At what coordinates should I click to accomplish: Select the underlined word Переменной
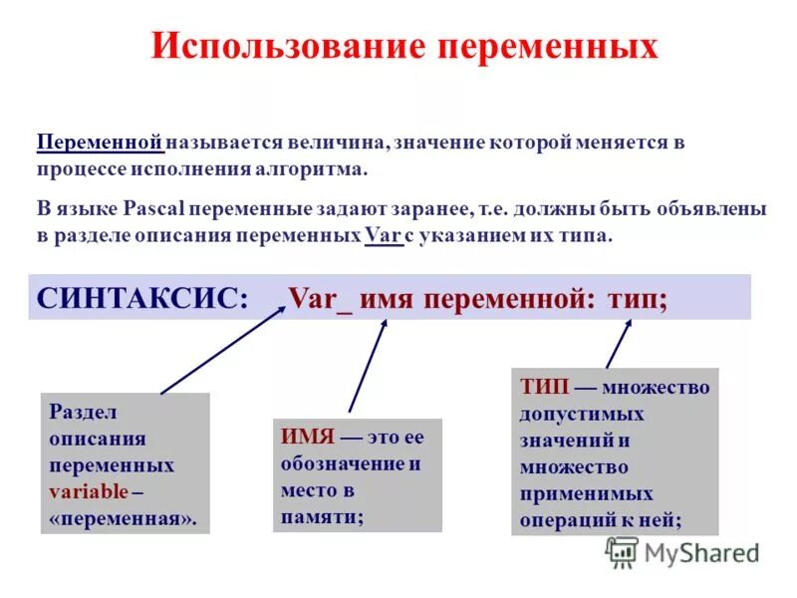100,143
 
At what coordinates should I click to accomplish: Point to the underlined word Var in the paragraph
382,237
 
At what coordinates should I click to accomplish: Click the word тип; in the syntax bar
638,298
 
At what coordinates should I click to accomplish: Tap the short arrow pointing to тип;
619,345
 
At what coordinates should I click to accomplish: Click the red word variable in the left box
89,491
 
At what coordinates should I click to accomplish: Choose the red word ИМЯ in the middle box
304,438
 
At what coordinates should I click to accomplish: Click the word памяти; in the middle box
322,515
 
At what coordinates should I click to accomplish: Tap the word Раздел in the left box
83,411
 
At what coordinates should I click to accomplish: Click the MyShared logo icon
623,551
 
